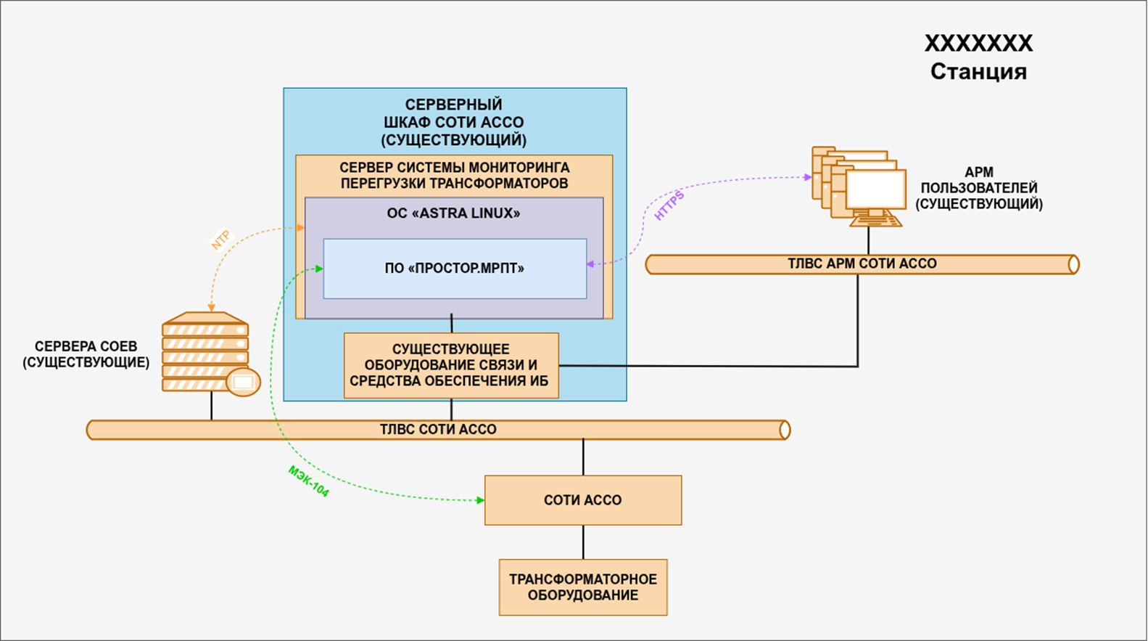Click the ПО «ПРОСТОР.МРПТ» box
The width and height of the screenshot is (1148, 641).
coord(455,269)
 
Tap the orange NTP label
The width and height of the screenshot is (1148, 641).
coord(220,240)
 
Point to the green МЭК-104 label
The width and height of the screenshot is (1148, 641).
coord(309,481)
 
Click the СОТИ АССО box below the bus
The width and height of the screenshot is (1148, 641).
coord(583,500)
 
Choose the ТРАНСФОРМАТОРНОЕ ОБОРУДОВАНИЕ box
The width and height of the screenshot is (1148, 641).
coord(583,587)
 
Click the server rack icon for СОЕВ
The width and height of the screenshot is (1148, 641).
coord(206,353)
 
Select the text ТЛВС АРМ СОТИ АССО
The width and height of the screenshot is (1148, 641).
coord(862,264)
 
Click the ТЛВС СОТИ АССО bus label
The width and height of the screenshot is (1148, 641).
coord(438,430)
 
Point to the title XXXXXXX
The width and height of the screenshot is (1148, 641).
coord(978,44)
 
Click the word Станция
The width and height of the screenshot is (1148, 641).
coord(978,72)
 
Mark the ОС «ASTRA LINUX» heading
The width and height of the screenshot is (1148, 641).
coord(454,213)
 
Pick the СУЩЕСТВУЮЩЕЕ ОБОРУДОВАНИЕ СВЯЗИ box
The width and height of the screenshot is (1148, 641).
coord(451,365)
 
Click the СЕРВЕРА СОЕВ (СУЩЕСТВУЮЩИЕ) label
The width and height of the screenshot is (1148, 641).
coord(86,354)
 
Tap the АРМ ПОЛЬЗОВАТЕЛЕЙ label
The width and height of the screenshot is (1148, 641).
coord(979,189)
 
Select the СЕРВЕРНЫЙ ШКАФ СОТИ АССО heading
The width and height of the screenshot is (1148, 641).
coord(454,122)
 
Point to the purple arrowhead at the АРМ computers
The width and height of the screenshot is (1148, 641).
coord(807,177)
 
